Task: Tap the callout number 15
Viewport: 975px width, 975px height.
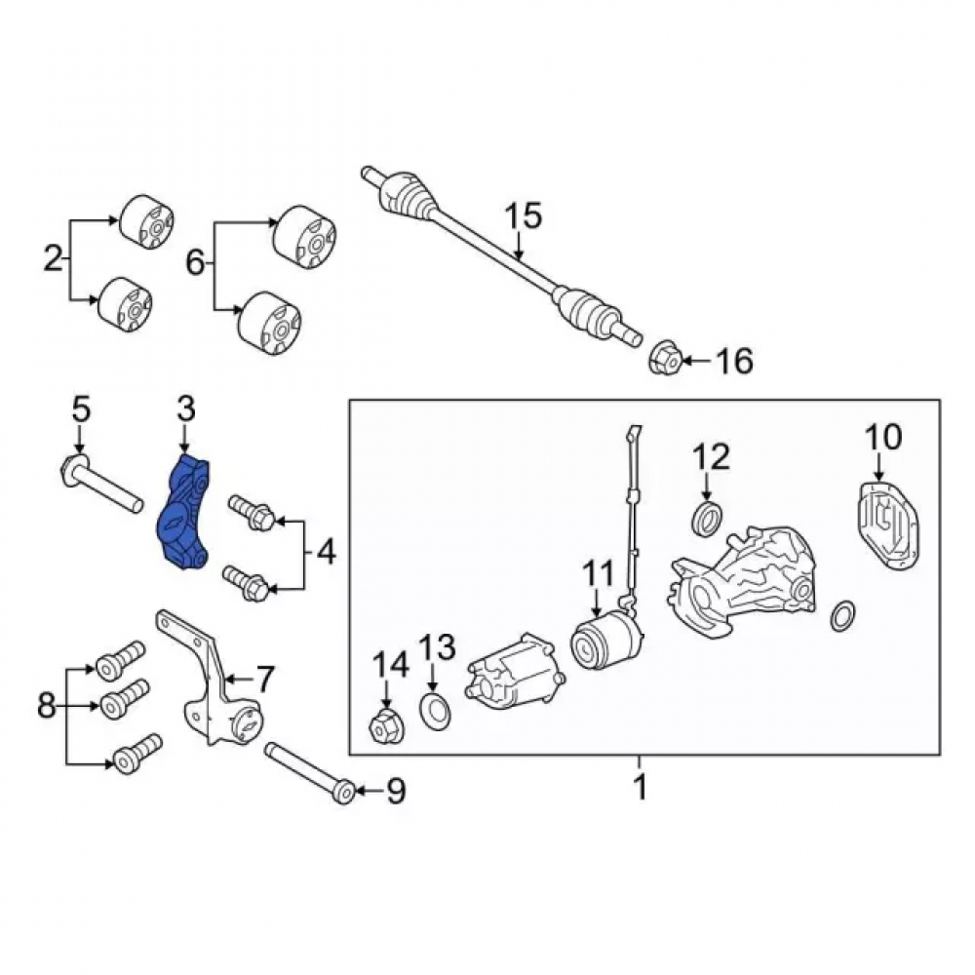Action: coord(523,216)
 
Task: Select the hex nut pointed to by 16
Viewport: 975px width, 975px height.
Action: coord(665,359)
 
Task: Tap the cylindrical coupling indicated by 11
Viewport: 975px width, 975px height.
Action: coord(606,640)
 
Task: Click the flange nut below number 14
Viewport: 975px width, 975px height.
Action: coord(385,725)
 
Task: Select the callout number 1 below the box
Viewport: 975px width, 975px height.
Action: coord(640,786)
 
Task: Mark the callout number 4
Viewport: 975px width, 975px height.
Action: coord(327,552)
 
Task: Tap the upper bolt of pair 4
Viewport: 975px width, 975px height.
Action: coord(253,513)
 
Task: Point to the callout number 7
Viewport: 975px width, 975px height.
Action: coord(265,679)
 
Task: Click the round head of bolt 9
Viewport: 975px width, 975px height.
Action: coord(344,792)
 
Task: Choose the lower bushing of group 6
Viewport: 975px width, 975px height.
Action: coord(270,323)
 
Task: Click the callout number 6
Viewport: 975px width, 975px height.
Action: coord(195,263)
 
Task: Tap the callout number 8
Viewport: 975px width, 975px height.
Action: coord(47,706)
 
